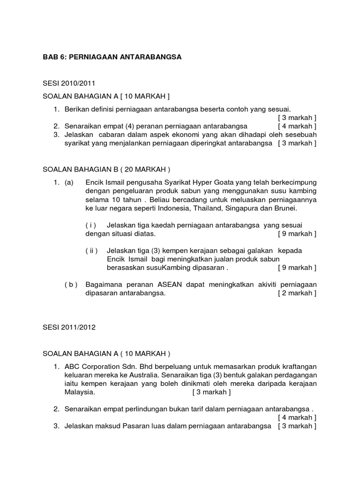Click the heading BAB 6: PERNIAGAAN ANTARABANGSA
[x=112, y=57]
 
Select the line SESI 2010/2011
[x=69, y=83]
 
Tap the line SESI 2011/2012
[x=69, y=327]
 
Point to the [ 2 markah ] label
[x=297, y=293]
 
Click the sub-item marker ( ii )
[x=91, y=250]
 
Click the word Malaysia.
[x=80, y=392]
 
